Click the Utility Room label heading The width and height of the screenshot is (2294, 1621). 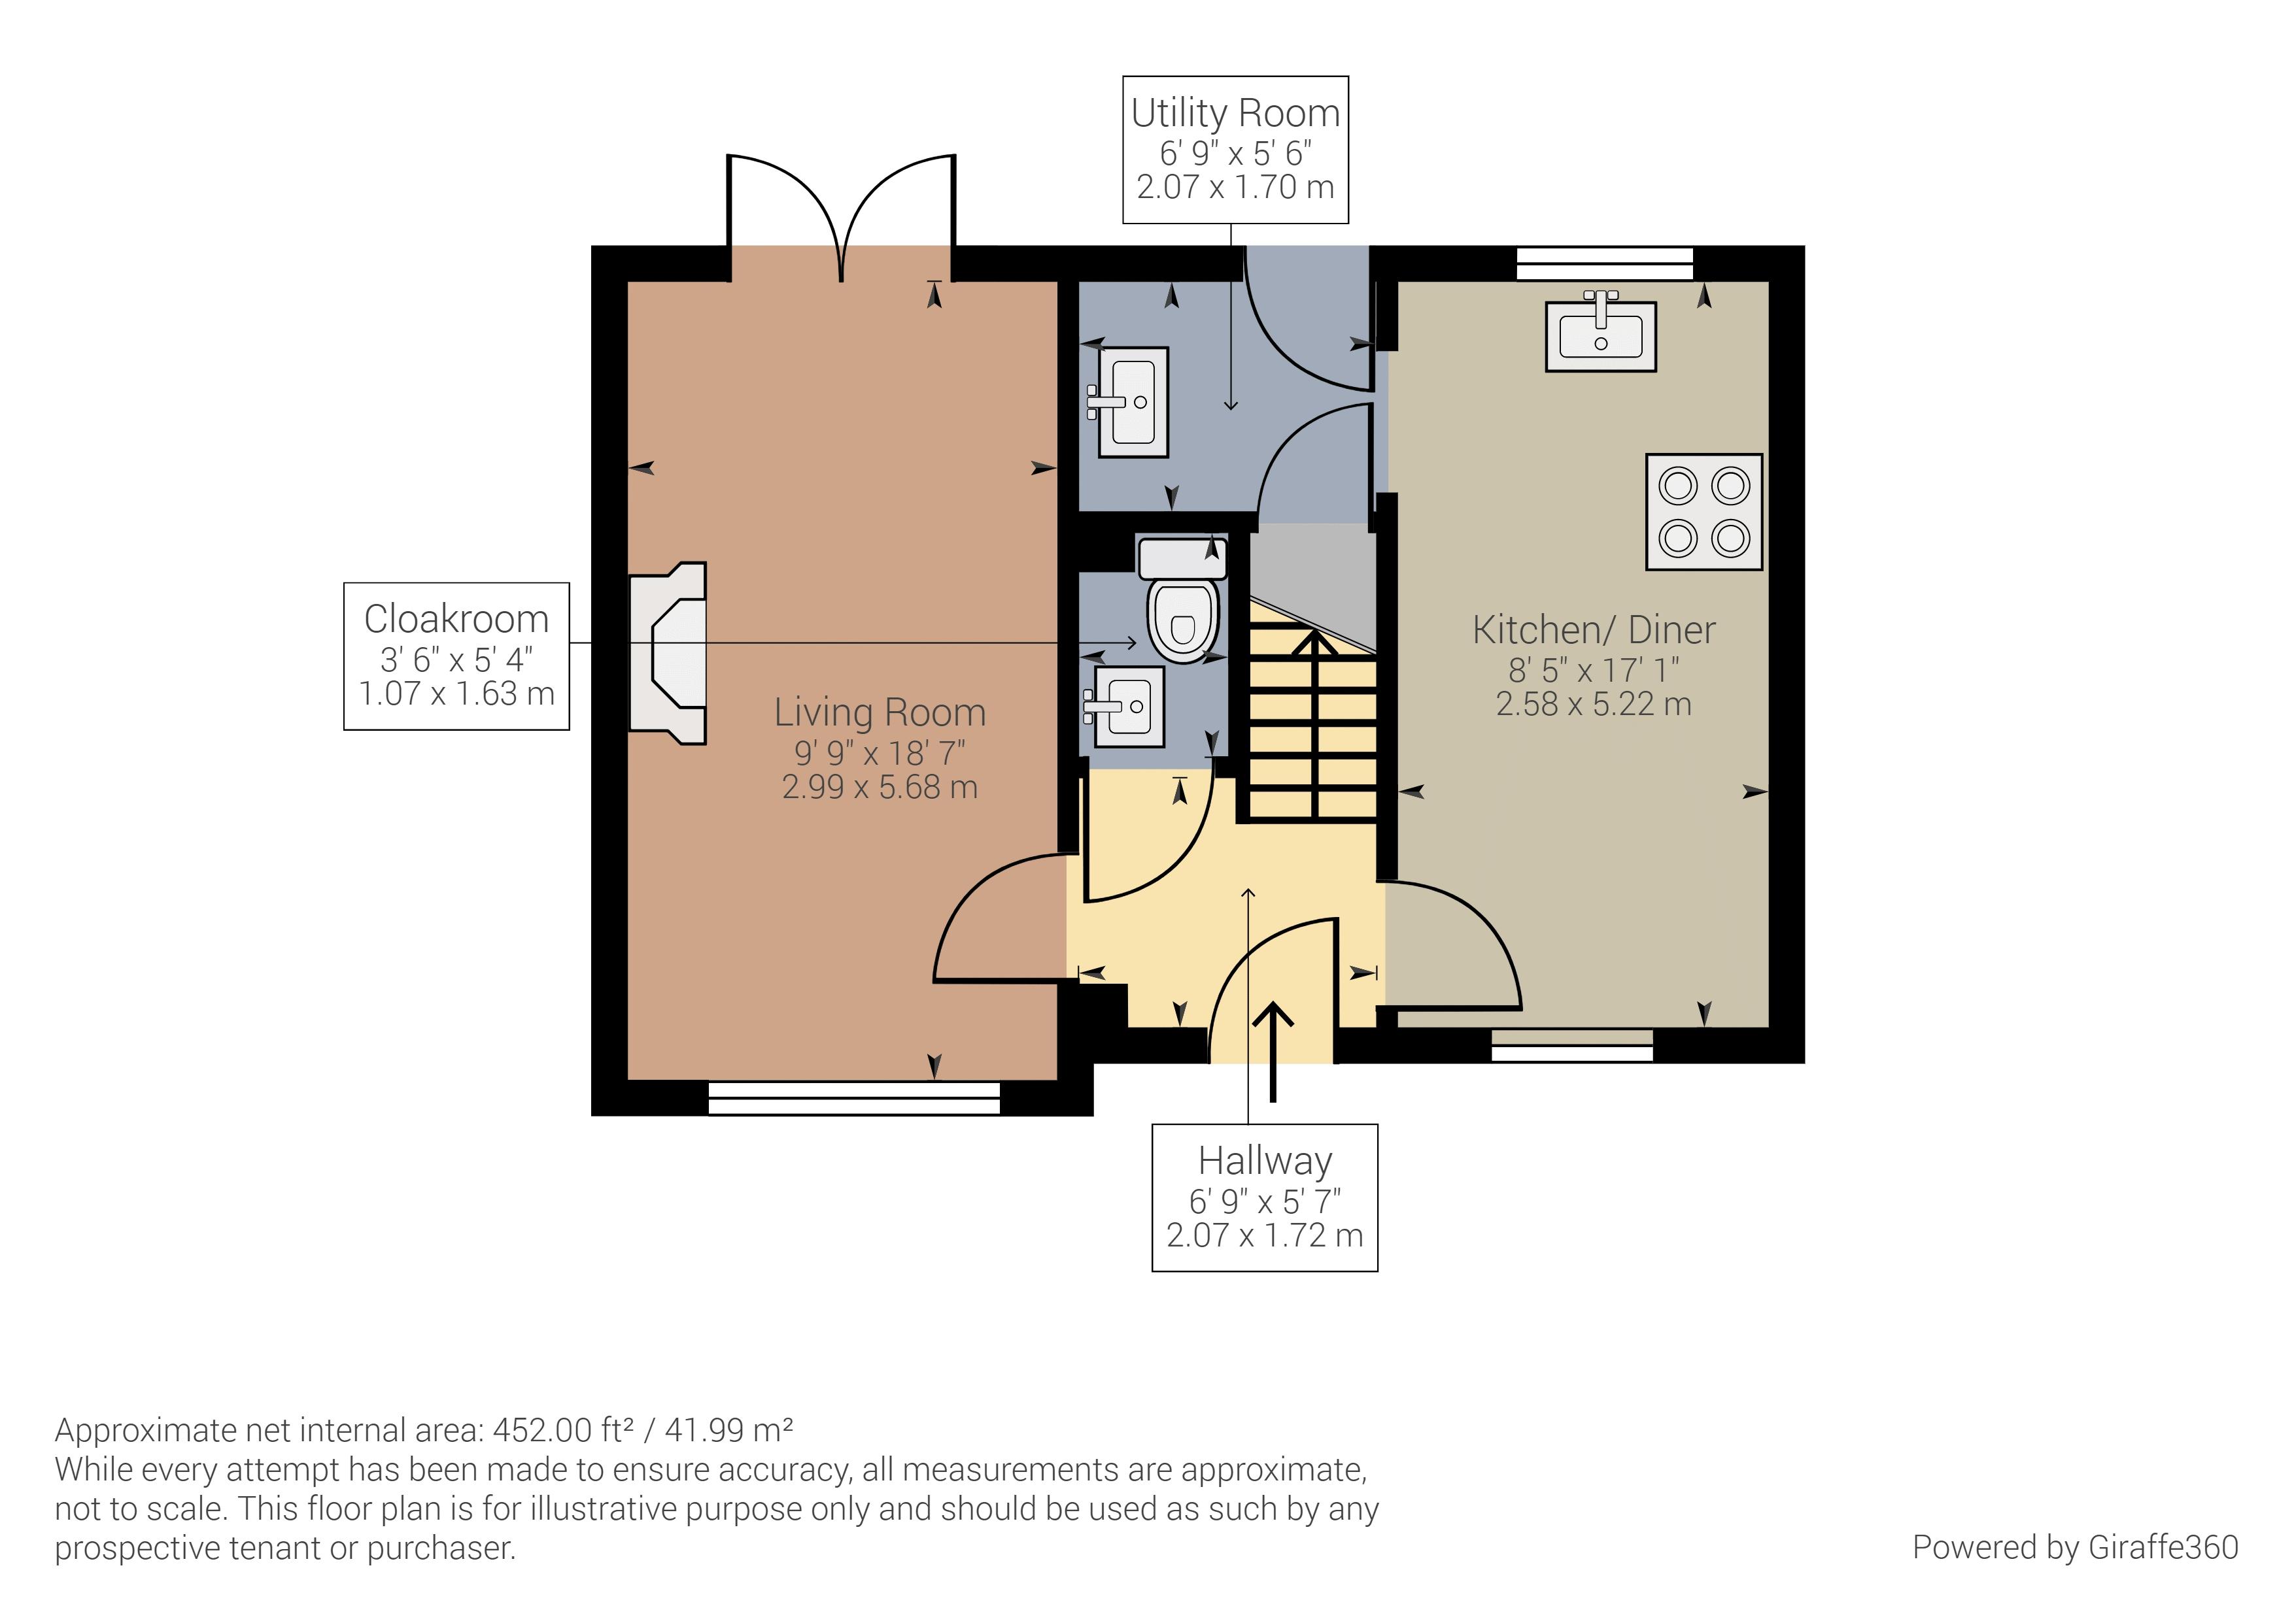(x=1235, y=114)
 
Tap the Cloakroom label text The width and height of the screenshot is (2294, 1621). (x=456, y=619)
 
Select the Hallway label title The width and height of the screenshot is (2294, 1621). (x=1265, y=1161)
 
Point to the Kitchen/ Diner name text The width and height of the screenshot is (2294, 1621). (x=1594, y=630)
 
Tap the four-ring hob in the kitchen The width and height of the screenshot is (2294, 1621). (x=1703, y=512)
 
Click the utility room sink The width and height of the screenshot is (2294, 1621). (x=1133, y=403)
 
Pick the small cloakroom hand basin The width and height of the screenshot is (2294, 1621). (x=1129, y=707)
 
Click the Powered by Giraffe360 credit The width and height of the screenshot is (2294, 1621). (x=2074, y=1547)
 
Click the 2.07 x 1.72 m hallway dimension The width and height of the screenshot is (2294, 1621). (x=1265, y=1235)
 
